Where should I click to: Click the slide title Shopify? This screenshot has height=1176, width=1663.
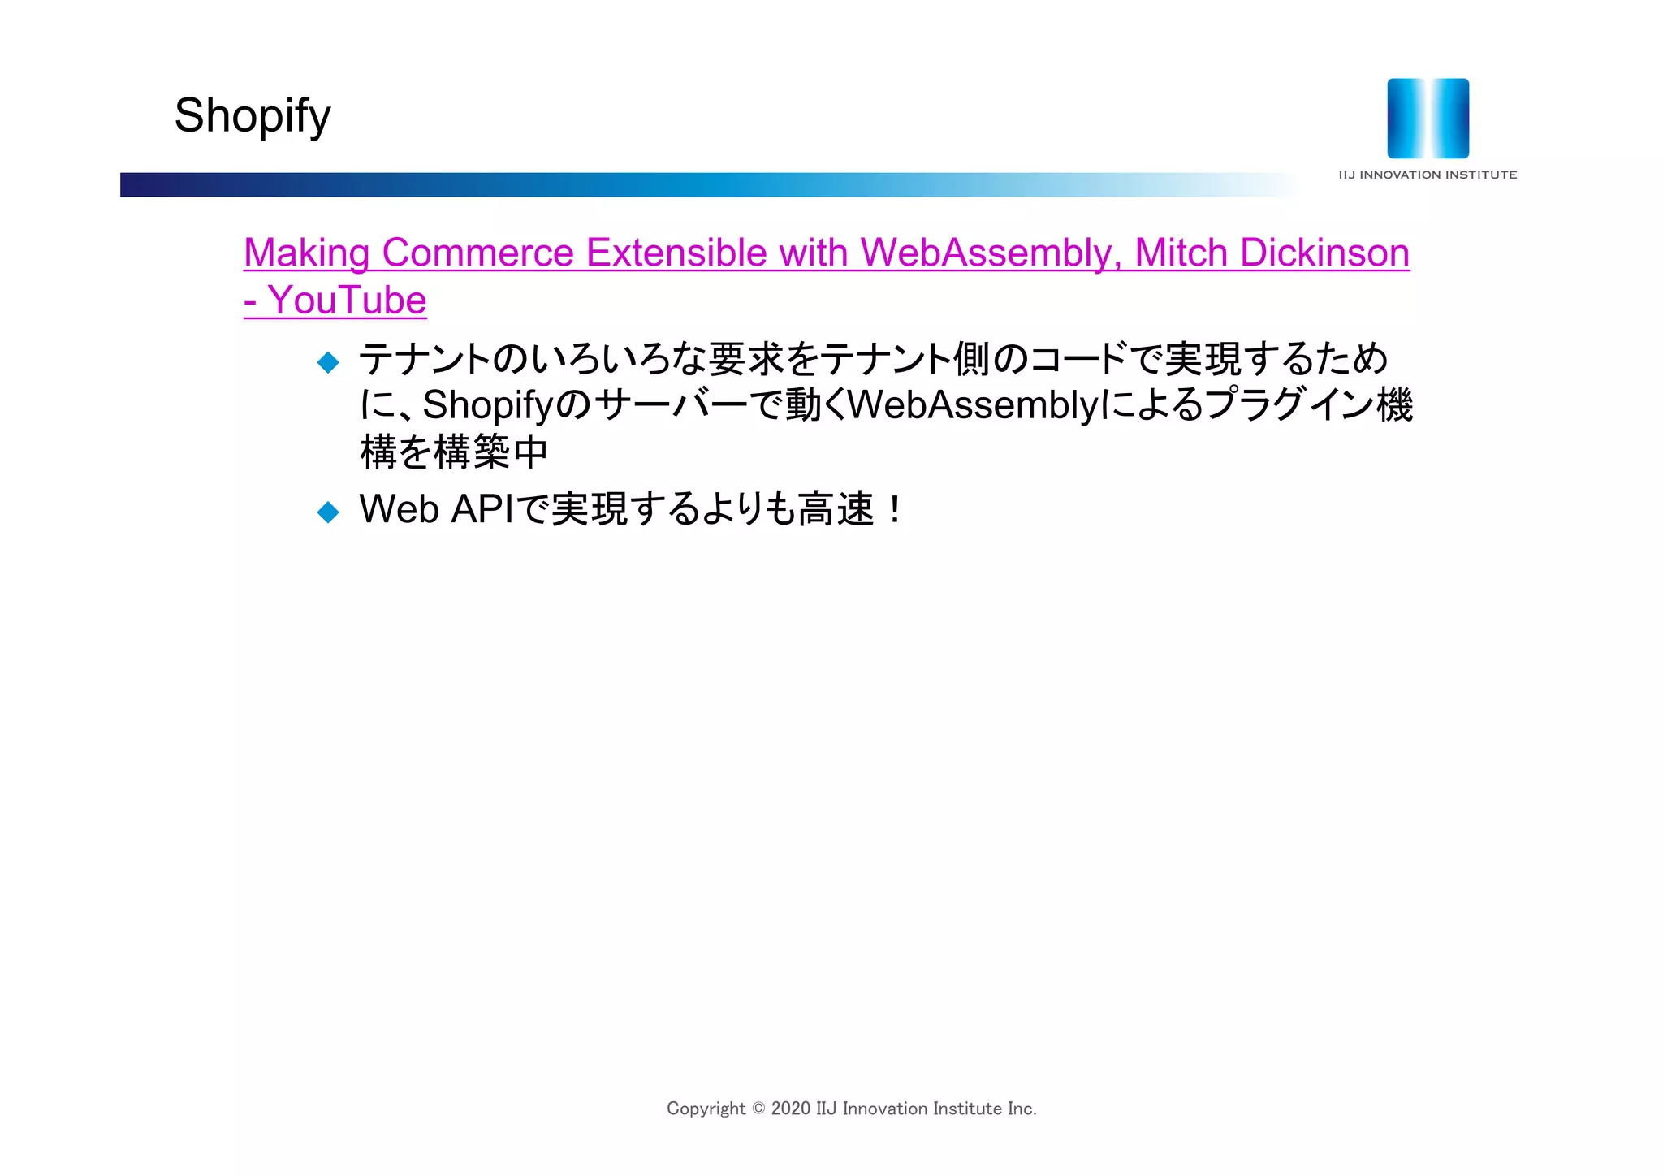pos(253,115)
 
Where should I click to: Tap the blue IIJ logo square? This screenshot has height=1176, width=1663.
pos(1428,119)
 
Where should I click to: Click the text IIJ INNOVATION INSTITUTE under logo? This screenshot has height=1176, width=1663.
pos(1428,175)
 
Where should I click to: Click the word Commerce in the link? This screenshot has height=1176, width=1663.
pos(477,253)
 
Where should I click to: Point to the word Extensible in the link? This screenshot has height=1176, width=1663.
pos(676,253)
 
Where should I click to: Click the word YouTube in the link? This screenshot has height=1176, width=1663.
pos(348,300)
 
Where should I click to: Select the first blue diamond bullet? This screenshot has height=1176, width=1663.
pos(328,362)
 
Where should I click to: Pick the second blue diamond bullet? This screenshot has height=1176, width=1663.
pos(328,512)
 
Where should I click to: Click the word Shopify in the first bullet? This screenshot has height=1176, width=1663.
pos(488,405)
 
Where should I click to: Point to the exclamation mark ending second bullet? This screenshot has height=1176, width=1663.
pos(894,510)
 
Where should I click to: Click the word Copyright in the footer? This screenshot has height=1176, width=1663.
pos(706,1109)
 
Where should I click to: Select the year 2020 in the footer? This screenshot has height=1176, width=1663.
pos(790,1109)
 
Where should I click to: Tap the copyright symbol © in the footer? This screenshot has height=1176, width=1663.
pos(758,1109)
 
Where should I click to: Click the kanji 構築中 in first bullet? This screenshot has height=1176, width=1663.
pos(491,452)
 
